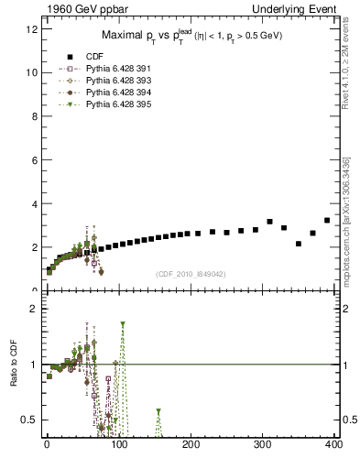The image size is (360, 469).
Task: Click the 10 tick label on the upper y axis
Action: coord(32,72)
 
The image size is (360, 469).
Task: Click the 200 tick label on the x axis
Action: coord(191,444)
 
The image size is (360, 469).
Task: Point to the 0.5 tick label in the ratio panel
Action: coord(31,420)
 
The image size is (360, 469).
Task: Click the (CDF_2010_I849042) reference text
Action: coord(191,272)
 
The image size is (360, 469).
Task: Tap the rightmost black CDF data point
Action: coord(327,220)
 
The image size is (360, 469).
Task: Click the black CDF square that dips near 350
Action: coord(299,244)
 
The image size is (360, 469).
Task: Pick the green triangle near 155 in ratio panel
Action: coord(158,411)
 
